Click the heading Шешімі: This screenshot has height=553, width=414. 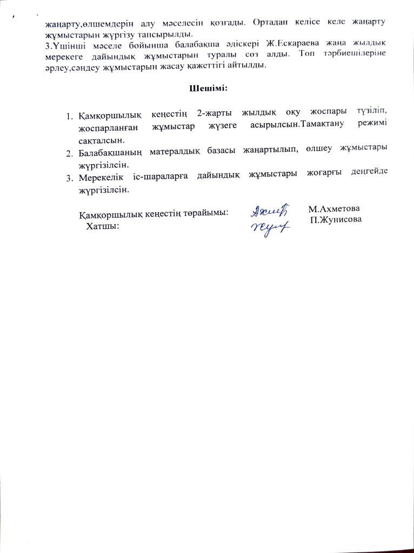pyautogui.click(x=206, y=88)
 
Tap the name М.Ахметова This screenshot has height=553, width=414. pyautogui.click(x=334, y=208)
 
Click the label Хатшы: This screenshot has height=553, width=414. pyautogui.click(x=102, y=225)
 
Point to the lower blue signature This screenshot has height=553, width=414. pyautogui.click(x=270, y=229)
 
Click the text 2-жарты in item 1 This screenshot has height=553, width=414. pyautogui.click(x=210, y=116)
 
